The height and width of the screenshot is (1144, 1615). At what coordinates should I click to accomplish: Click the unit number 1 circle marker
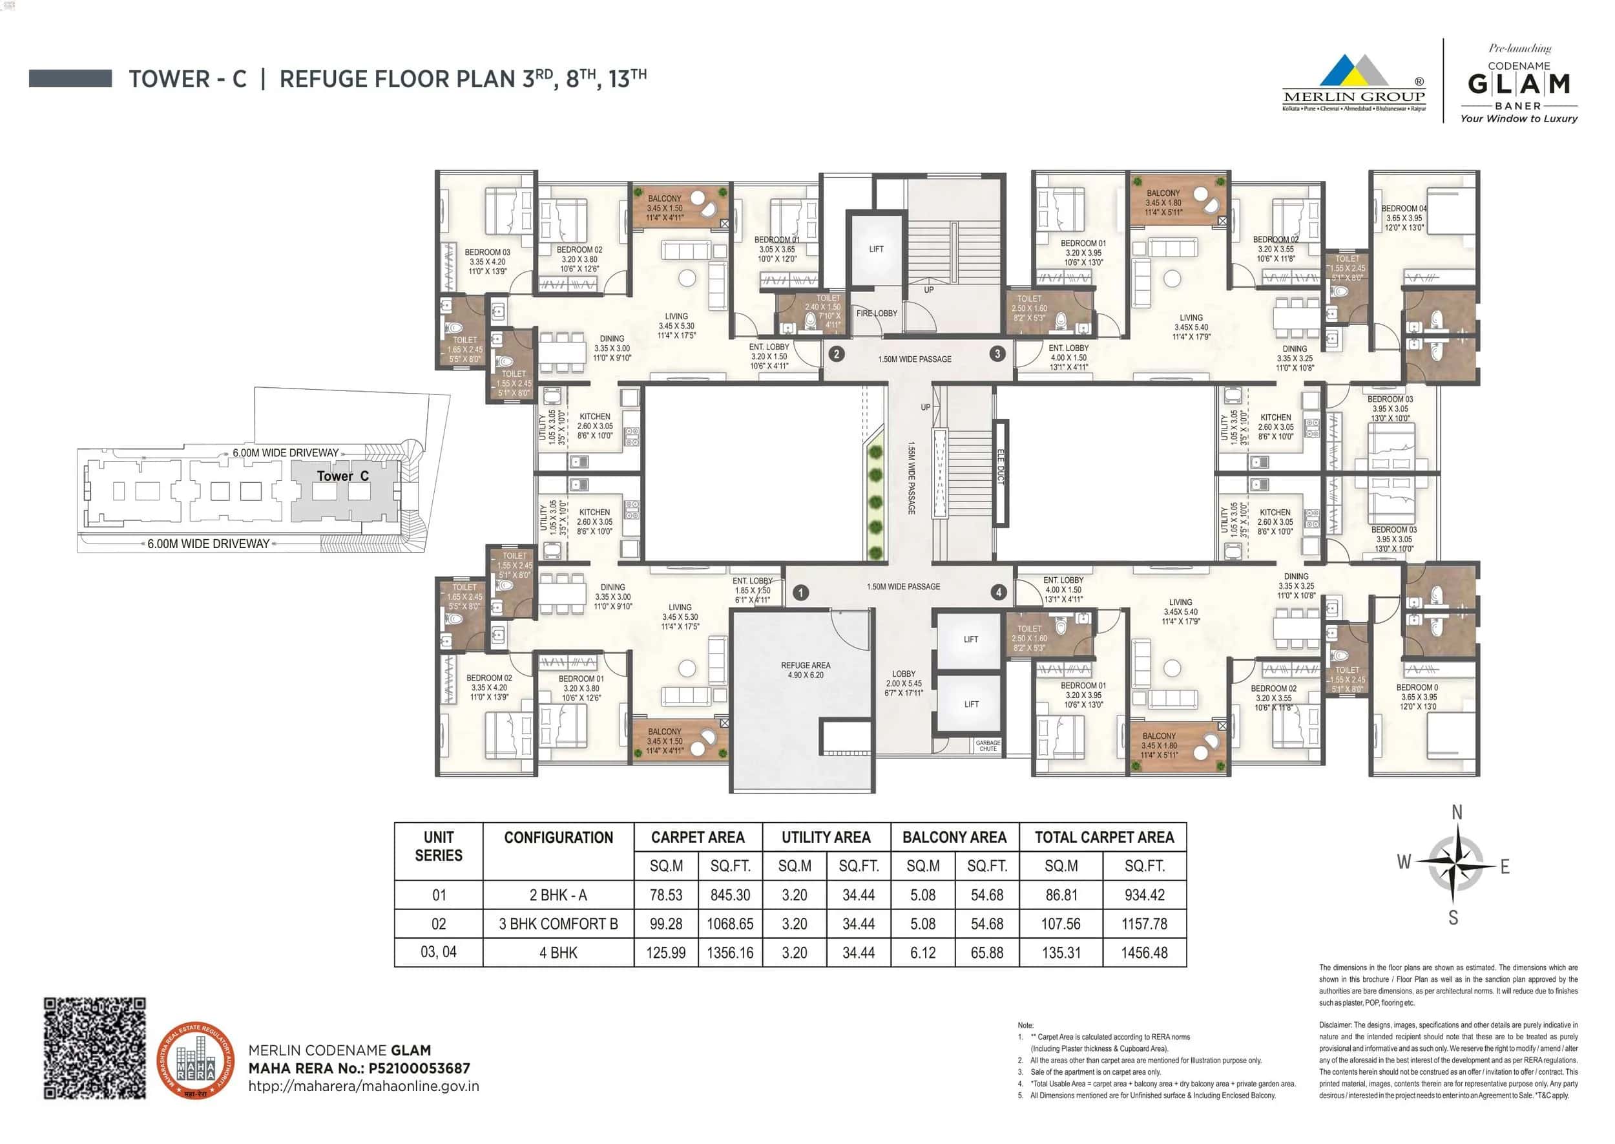[800, 593]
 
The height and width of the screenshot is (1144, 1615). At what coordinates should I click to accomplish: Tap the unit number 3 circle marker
[997, 354]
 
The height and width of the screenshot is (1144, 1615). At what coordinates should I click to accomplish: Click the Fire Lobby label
[877, 313]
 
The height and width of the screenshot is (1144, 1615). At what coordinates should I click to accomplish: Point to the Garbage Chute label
[988, 746]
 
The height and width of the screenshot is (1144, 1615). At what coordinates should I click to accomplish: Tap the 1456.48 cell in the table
[1144, 953]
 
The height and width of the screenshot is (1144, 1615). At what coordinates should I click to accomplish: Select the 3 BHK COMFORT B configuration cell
[558, 924]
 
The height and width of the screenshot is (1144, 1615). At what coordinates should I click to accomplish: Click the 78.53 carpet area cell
[666, 895]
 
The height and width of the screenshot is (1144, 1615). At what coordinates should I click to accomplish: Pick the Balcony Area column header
[954, 838]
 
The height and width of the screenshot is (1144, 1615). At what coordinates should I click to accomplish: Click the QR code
[95, 1048]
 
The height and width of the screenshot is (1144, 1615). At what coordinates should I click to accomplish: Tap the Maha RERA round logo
[196, 1060]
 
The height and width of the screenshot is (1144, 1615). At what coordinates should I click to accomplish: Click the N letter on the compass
[1457, 812]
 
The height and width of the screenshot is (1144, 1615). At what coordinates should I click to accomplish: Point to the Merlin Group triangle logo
[1353, 72]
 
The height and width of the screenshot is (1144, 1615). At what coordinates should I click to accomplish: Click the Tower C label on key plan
[343, 476]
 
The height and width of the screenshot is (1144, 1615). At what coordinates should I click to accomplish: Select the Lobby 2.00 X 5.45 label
[904, 683]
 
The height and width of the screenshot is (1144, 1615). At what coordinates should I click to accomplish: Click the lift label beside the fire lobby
[877, 249]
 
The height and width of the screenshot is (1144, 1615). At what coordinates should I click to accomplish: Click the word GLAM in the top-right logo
[1519, 85]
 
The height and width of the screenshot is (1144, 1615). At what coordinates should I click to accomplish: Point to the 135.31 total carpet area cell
[1061, 953]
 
